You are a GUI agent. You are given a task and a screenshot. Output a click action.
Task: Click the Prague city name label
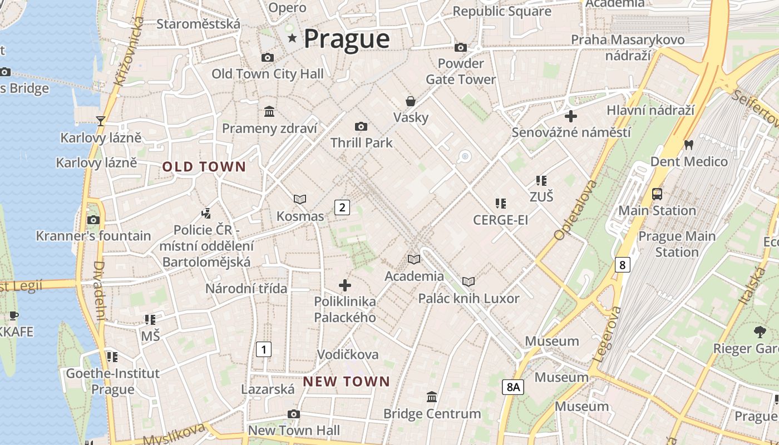pyautogui.click(x=347, y=39)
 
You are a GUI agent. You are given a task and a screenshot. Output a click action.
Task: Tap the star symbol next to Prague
pyautogui.click(x=292, y=38)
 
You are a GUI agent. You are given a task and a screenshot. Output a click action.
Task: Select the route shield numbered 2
pyautogui.click(x=342, y=207)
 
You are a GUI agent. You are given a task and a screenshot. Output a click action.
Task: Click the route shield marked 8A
pyautogui.click(x=513, y=387)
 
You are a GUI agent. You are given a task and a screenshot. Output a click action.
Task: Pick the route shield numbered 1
pyautogui.click(x=263, y=349)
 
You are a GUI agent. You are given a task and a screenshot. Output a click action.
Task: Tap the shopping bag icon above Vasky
pyautogui.click(x=411, y=101)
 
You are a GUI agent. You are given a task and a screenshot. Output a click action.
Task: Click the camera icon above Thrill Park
pyautogui.click(x=361, y=127)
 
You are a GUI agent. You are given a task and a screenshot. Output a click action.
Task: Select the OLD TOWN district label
pyautogui.click(x=204, y=166)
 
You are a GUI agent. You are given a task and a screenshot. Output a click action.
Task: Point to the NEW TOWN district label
pyautogui.click(x=346, y=382)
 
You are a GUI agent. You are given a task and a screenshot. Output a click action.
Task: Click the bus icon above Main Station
pyautogui.click(x=657, y=194)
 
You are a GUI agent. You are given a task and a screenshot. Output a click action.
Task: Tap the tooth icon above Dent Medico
pyautogui.click(x=688, y=145)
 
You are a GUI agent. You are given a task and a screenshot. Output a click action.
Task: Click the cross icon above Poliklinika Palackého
pyautogui.click(x=345, y=285)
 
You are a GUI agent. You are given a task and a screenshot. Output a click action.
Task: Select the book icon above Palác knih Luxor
pyautogui.click(x=469, y=282)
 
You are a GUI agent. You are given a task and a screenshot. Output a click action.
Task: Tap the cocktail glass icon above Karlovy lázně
pyautogui.click(x=100, y=121)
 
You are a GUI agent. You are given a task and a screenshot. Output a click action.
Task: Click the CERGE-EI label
pyautogui.click(x=500, y=220)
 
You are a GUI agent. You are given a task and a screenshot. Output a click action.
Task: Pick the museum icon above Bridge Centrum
pyautogui.click(x=432, y=397)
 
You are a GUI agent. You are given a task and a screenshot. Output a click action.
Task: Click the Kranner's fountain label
pyautogui.click(x=93, y=236)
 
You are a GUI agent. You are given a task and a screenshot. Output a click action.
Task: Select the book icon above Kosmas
pyautogui.click(x=300, y=199)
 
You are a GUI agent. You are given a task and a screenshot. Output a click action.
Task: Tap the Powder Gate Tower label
pyautogui.click(x=460, y=71)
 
